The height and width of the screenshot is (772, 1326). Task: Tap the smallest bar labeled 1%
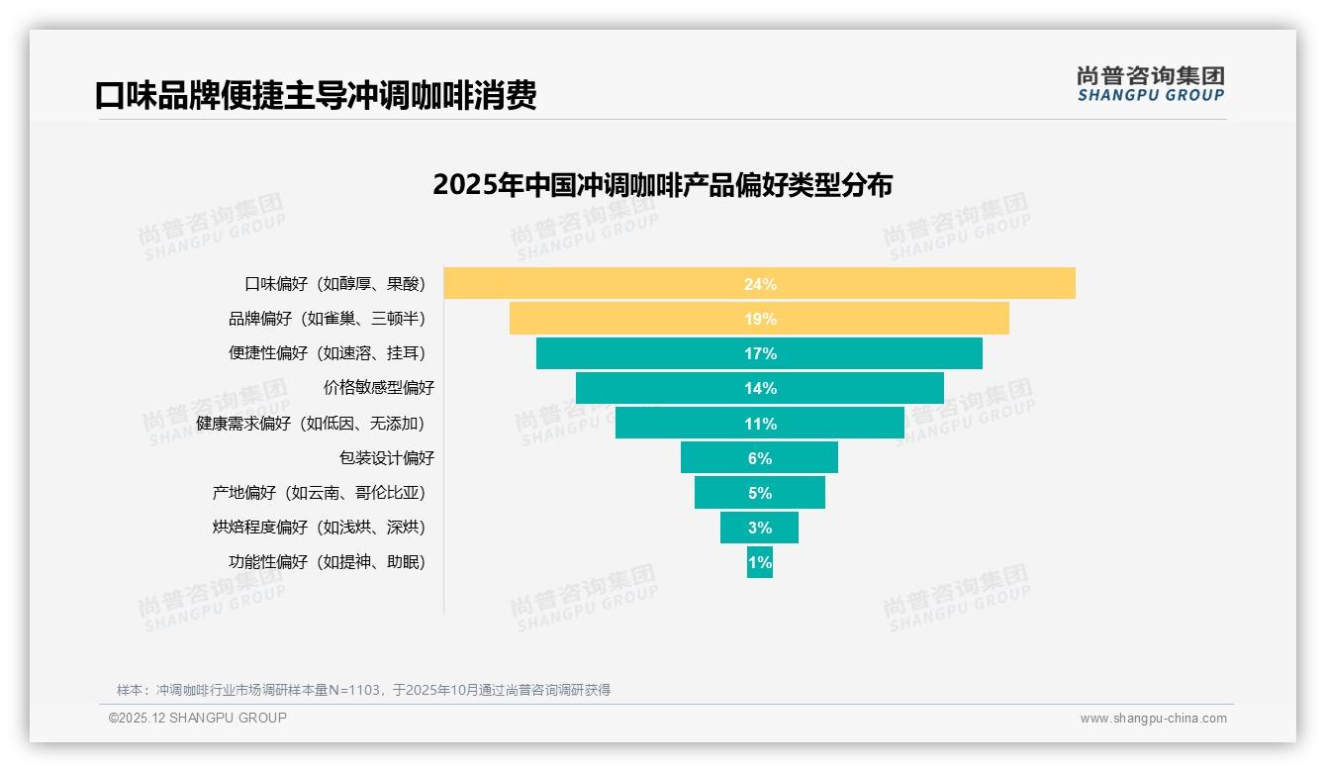coord(760,562)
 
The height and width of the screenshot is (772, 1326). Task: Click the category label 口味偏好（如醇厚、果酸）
coord(334,284)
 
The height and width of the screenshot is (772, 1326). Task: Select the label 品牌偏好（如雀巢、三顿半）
coord(327,319)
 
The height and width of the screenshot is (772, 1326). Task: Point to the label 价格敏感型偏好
coord(379,388)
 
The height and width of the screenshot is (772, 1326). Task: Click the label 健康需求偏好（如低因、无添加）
coord(310,424)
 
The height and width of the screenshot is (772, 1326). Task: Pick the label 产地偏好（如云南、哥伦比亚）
coord(318,493)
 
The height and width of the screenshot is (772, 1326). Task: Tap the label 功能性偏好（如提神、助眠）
coord(327,562)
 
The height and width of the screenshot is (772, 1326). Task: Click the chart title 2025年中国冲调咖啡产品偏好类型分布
coord(662,185)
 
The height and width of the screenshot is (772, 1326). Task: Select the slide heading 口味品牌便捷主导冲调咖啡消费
coord(316,96)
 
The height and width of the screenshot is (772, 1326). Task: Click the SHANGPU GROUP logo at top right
coord(1150,84)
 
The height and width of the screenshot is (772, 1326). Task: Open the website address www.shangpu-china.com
coord(1153,719)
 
